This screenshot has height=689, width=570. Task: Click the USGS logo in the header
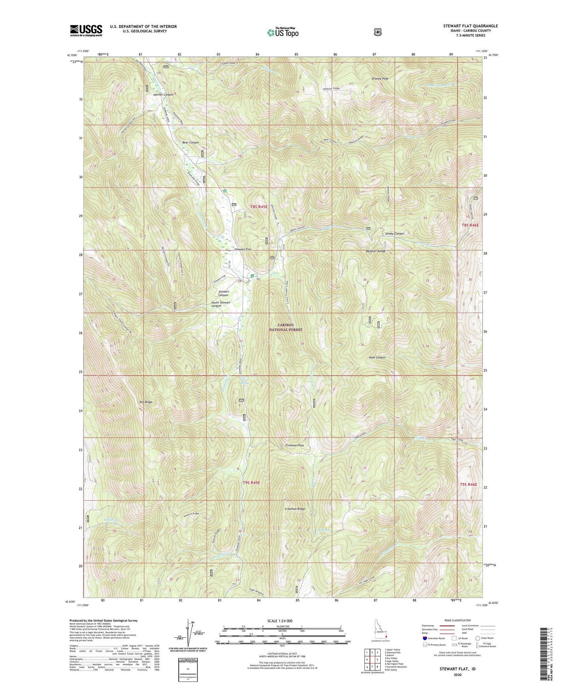pos(86,30)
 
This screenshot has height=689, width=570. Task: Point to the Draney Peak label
pos(380,79)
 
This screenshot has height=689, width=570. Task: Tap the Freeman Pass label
pos(294,445)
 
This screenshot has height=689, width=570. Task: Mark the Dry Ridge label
pos(146,402)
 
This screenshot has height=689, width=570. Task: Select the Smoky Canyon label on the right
pos(394,234)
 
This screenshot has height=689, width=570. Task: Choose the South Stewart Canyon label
pos(221,304)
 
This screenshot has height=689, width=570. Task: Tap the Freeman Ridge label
pos(295,509)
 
